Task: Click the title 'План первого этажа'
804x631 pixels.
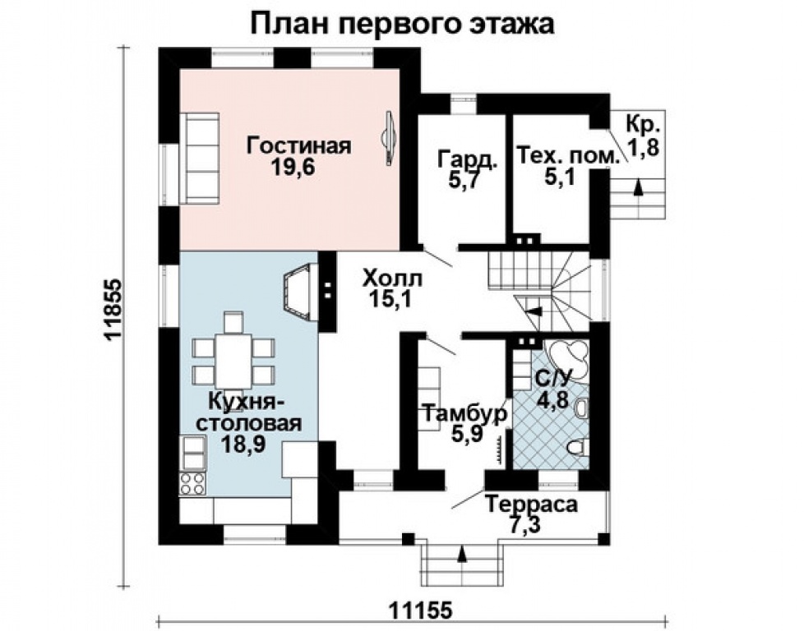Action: click(x=403, y=22)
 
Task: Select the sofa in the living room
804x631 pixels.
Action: click(x=201, y=158)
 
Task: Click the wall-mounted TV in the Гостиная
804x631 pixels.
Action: click(x=390, y=140)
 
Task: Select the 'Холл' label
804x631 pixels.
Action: click(x=390, y=279)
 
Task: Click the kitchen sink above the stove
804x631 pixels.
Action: click(x=193, y=453)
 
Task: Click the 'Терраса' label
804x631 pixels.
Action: click(x=530, y=504)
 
